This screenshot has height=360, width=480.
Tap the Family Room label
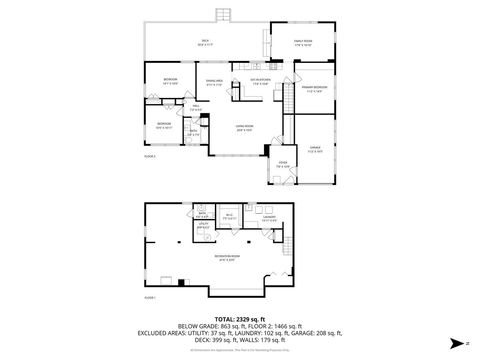[304, 43]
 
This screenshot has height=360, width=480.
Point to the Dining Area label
[214, 81]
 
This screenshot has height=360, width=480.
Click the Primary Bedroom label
[314, 90]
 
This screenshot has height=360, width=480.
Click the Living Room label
[244, 127]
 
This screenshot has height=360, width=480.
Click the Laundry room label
[269, 218]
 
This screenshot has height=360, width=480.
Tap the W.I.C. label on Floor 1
[230, 217]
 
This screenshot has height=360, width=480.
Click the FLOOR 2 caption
[150, 157]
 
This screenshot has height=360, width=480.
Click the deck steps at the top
[222, 15]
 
